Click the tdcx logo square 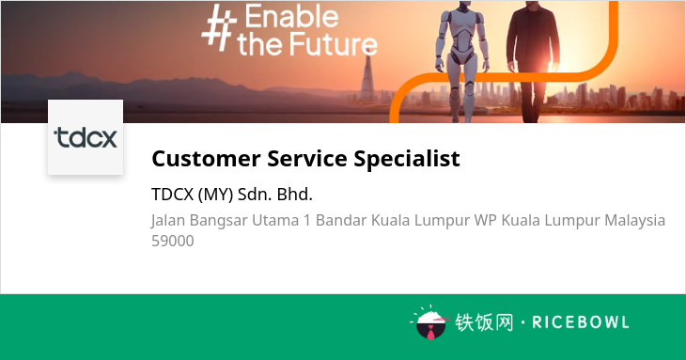(x=86, y=137)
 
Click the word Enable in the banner (x=292, y=16)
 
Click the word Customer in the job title (x=206, y=158)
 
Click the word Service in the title (x=307, y=158)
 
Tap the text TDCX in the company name (x=172, y=195)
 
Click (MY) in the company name (x=215, y=195)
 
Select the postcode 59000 (x=173, y=241)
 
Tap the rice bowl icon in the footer (x=430, y=324)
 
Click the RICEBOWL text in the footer (x=581, y=322)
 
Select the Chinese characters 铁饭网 (x=484, y=322)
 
